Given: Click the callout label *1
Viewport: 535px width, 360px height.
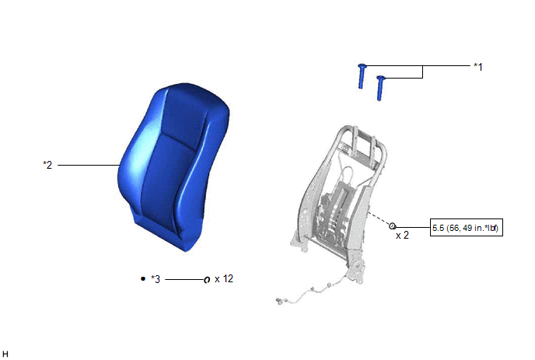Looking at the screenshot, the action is (x=478, y=67).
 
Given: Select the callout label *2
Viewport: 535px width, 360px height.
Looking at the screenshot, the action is (x=47, y=165).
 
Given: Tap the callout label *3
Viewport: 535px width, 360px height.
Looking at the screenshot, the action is (x=156, y=279).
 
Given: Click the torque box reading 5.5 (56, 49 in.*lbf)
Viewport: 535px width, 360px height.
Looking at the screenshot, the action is (x=466, y=228).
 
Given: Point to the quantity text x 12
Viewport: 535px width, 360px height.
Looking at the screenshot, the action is (x=224, y=279).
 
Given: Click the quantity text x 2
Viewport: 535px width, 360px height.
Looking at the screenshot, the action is (x=402, y=235).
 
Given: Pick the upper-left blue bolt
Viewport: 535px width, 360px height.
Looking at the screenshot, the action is (x=362, y=76).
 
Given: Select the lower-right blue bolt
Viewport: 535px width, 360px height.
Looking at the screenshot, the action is (x=380, y=88).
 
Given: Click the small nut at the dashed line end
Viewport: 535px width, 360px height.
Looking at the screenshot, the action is (x=393, y=226).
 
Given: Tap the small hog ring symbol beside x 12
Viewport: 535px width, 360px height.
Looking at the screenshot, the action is (x=207, y=280).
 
